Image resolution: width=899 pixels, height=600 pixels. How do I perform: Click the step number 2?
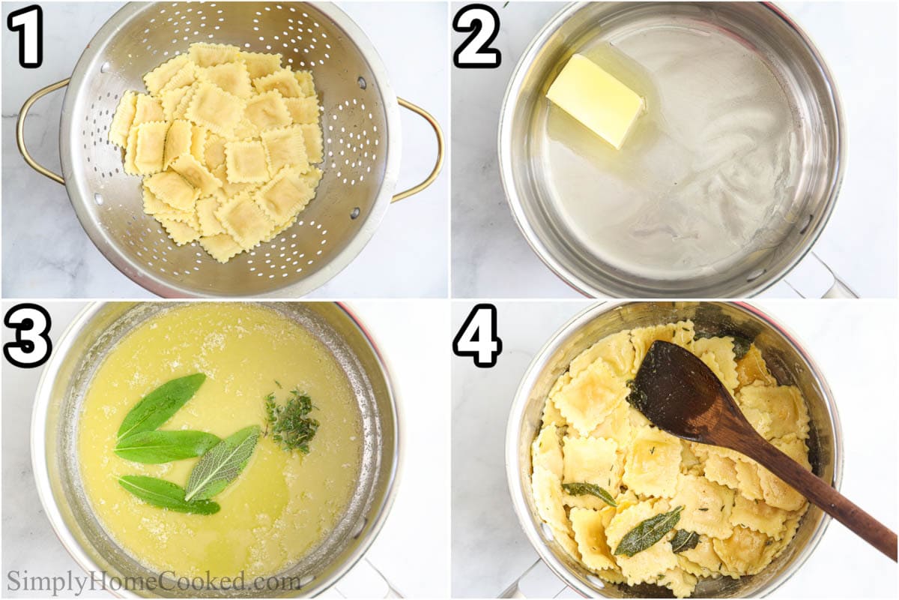pos(477,36)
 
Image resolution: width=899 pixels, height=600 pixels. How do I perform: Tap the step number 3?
pos(27,336)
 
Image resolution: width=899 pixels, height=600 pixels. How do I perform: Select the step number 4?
pos(478,336)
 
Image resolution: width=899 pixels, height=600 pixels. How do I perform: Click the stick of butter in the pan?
pos(596,100)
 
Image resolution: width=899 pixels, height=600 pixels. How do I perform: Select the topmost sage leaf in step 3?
pos(160,405)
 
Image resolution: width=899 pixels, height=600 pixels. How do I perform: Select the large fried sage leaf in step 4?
pos(647,531)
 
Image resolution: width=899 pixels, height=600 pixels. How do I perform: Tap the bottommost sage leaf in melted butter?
pos(169,495)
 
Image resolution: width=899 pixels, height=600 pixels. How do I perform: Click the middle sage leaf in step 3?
pos(167,446)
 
